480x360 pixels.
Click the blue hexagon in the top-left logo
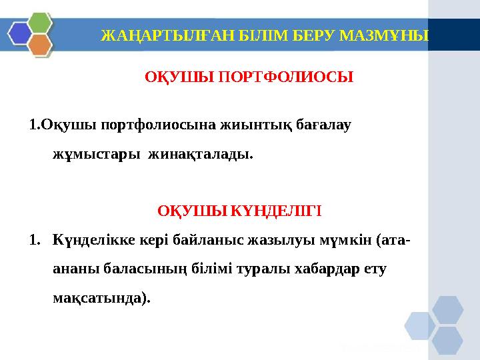[20, 31]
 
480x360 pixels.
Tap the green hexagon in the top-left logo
[40, 21]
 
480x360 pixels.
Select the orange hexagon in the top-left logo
[40, 45]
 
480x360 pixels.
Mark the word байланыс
[202, 238]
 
